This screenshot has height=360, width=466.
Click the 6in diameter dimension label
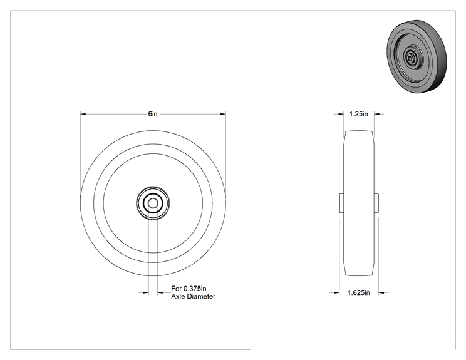[153, 114]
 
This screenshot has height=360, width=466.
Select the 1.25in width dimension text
[358, 114]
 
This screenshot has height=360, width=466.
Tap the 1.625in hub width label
[359, 293]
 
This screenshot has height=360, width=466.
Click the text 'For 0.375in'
[189, 289]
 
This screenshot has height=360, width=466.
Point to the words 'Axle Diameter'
[193, 296]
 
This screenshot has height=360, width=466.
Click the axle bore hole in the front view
[153, 203]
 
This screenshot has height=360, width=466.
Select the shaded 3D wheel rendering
[417, 56]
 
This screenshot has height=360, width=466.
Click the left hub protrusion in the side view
[341, 203]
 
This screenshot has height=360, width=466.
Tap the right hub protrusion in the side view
[376, 203]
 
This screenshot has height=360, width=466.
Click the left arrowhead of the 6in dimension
[83, 114]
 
